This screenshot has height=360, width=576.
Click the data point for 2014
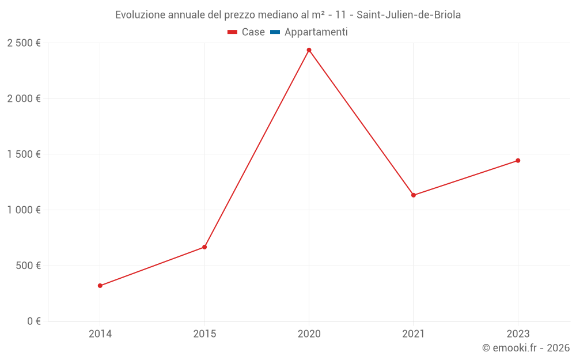pyautogui.click(x=100, y=286)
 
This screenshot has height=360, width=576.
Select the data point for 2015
pyautogui.click(x=204, y=247)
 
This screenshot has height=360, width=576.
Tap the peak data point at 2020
pyautogui.click(x=309, y=50)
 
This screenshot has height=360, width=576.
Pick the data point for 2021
pyautogui.click(x=414, y=195)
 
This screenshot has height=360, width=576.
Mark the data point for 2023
pyautogui.click(x=518, y=161)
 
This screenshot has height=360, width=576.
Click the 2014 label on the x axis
pyautogui.click(x=100, y=334)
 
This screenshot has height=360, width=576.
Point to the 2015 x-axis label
pyautogui.click(x=204, y=334)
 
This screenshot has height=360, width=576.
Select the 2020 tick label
pyautogui.click(x=309, y=334)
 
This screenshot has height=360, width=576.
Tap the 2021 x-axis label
pyautogui.click(x=414, y=334)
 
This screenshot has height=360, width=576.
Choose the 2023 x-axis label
pyautogui.click(x=518, y=334)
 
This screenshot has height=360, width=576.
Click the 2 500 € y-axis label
pyautogui.click(x=24, y=43)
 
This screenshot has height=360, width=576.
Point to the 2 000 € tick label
pyautogui.click(x=24, y=98)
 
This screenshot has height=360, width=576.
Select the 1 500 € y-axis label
pyautogui.click(x=24, y=154)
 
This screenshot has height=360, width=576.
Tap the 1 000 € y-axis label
pyautogui.click(x=24, y=210)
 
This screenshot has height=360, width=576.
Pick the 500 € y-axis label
pyautogui.click(x=28, y=266)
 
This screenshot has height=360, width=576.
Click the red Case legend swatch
pyautogui.click(x=233, y=32)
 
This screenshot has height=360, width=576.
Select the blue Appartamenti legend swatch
pyautogui.click(x=275, y=32)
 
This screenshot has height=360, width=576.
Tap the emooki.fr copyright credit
pyautogui.click(x=526, y=348)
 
